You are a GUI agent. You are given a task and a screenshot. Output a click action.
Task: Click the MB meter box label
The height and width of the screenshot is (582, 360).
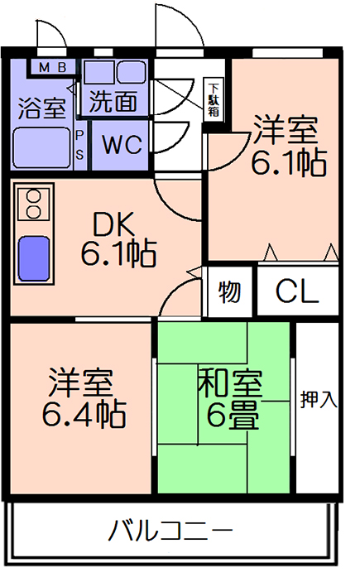tap(53, 67)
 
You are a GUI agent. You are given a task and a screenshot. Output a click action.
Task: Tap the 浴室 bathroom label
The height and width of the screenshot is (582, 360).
tap(42, 108)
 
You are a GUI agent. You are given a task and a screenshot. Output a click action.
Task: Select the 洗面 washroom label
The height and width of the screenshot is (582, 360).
tap(113, 101)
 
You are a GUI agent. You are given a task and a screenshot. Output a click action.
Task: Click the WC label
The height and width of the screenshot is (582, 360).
tap(122, 144)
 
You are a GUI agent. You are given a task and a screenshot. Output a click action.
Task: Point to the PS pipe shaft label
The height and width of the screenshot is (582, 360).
tap(79, 145)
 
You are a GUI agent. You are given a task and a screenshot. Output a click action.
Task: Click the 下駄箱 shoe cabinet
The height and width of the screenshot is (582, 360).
tap(214, 99)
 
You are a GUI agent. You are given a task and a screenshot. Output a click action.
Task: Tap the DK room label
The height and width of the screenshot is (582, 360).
tap(113, 224)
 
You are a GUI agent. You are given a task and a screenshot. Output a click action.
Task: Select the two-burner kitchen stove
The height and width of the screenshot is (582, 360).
tap(34, 204)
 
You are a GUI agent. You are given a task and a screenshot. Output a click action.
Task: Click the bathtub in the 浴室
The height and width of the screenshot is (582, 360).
tap(42, 147)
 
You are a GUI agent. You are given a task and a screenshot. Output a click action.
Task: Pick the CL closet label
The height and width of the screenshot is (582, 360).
tap(297, 291)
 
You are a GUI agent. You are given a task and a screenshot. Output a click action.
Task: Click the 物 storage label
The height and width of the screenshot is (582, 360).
tap(229, 291)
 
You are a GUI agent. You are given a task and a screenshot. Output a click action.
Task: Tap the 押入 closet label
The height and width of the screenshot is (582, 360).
tap(319, 399)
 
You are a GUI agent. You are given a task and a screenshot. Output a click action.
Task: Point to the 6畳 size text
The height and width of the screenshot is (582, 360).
tap(233, 415)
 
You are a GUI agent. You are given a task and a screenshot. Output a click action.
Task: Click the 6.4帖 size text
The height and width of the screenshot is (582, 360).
tap(84, 413)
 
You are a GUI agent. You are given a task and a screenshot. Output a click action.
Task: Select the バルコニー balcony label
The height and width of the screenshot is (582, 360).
tap(170, 531)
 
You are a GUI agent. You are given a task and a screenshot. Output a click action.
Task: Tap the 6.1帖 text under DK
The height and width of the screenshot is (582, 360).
tap(119, 253)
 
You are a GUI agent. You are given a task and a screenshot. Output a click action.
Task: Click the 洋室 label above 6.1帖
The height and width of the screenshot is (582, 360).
tap(285, 130)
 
